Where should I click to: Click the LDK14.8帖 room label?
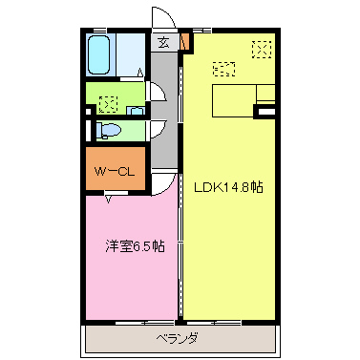(x=229, y=186)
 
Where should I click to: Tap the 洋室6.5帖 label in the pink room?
(x=134, y=246)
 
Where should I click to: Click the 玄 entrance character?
(x=164, y=42)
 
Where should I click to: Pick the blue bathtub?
(x=98, y=57)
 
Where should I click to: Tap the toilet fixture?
(x=109, y=129)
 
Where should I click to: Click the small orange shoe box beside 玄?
(x=185, y=42)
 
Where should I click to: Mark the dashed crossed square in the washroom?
(x=107, y=99)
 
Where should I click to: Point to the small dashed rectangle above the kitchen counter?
(x=224, y=69)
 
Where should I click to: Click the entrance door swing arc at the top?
(x=163, y=21)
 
